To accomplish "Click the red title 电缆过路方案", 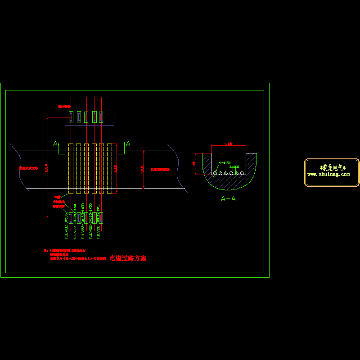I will (x=128, y=259).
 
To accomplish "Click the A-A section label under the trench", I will (x=228, y=198).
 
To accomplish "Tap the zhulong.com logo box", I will (x=332, y=172).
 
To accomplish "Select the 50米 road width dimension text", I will (x=142, y=169).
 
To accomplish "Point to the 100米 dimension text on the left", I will (x=46, y=166).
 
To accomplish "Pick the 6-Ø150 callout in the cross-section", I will (x=224, y=162).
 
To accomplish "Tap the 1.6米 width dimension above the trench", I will (x=228, y=144).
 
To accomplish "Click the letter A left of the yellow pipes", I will (x=56, y=144).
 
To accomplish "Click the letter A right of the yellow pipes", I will (x=128, y=144).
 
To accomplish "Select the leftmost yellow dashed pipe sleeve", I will (x=71, y=169).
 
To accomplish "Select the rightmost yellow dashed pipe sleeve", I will (x=109, y=169).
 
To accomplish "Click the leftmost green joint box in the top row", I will (x=71, y=117).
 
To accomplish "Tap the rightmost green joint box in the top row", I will (x=101, y=117).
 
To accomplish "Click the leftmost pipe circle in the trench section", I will (x=216, y=173).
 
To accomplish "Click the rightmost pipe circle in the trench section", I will (x=243, y=173).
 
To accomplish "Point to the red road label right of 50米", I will (x=160, y=170).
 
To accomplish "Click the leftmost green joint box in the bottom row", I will (x=71, y=218).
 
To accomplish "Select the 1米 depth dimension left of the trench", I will (x=194, y=164).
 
